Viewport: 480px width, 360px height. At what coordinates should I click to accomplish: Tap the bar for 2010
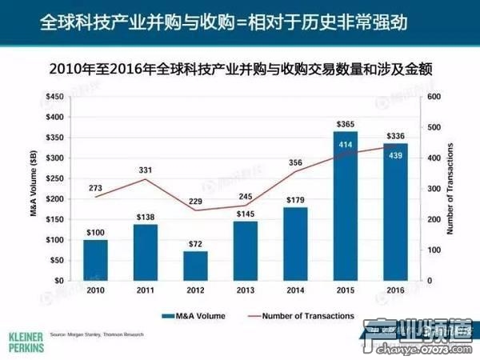pos(95,260)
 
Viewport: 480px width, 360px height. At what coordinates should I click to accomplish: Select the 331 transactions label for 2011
pos(145,170)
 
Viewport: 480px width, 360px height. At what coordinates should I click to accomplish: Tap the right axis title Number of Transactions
pos(450,189)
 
